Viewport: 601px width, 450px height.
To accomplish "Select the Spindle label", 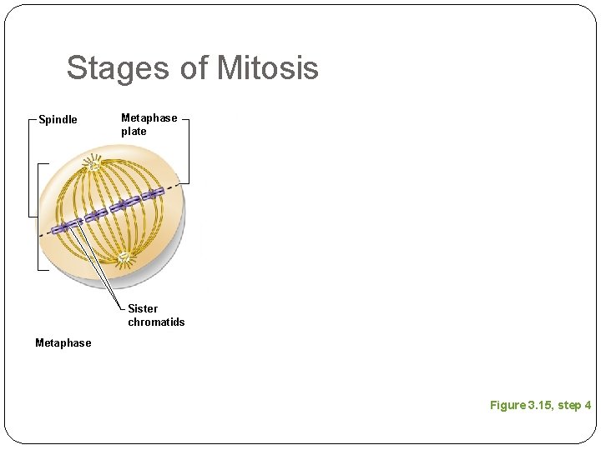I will point(58,120).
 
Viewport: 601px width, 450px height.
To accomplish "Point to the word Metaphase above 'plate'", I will point(149,118).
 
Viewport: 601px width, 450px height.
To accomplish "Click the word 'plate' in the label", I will point(134,132).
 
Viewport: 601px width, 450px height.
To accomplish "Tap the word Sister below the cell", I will point(143,308).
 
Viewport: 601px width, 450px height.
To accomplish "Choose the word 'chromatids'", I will point(156,322).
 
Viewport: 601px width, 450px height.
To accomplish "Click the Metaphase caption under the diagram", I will point(63,342).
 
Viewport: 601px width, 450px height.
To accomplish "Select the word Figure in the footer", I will point(508,405).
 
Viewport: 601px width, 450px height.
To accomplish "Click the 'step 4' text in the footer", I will point(574,405).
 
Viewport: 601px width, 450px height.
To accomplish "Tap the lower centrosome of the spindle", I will point(124,258).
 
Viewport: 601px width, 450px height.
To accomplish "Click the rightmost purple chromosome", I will point(153,194).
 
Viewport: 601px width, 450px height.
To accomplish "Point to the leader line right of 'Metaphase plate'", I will point(189,150).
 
